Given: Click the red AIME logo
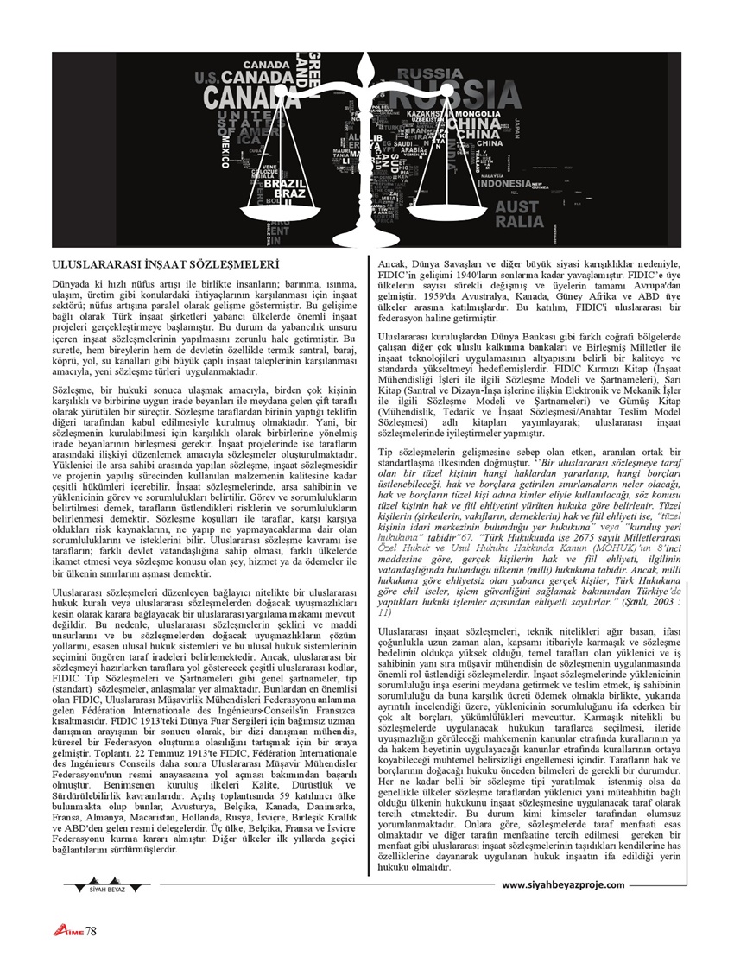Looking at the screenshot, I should (x=69, y=929).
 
